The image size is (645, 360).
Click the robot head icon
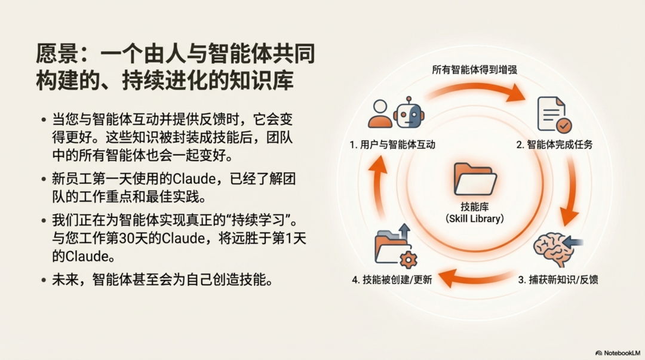[x=408, y=112]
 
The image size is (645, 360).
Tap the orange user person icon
[x=380, y=113]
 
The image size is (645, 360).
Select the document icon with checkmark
[x=554, y=114]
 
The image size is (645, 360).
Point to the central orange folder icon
[x=475, y=178]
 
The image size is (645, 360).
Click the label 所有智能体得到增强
[x=474, y=69]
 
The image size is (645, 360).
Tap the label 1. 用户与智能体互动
[x=392, y=144]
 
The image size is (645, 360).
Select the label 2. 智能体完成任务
[x=555, y=144]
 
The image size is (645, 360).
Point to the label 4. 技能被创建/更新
[x=392, y=279]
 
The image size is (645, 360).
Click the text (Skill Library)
[x=475, y=219]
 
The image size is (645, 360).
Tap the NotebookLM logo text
[x=621, y=353]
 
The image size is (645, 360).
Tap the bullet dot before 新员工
[x=44, y=179]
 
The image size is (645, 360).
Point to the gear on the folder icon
[x=409, y=260]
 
